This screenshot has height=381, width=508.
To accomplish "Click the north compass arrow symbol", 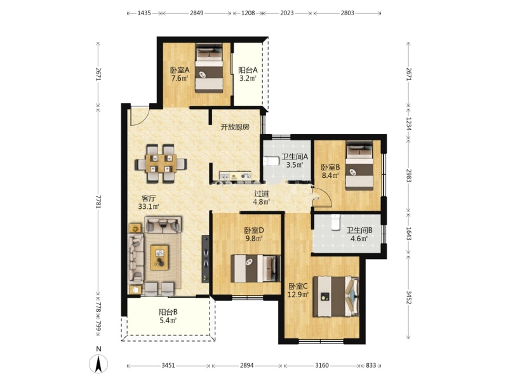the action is click(x=98, y=363).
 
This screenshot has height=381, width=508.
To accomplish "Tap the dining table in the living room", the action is click(x=161, y=163).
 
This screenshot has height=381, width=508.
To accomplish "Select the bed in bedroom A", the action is click(x=209, y=69).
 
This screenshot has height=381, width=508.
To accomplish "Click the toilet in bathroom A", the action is click(x=271, y=161).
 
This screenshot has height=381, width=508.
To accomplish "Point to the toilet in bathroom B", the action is click(x=335, y=222).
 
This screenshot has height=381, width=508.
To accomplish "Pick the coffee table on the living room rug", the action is click(x=159, y=258).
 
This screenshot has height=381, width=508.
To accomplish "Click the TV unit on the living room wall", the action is click(x=205, y=259).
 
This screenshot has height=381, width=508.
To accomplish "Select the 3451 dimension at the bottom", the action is click(x=168, y=366).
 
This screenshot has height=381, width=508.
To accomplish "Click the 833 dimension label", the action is click(x=371, y=366).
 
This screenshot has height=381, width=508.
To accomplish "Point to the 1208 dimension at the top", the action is click(x=248, y=13).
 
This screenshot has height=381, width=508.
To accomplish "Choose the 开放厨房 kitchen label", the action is click(x=235, y=127).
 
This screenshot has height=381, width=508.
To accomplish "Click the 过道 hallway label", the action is click(x=261, y=194).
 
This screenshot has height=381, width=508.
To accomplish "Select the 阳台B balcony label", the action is click(x=168, y=312).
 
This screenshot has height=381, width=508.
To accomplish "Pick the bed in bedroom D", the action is click(x=256, y=269).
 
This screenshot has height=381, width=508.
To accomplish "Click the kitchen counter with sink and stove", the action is click(x=236, y=176).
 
